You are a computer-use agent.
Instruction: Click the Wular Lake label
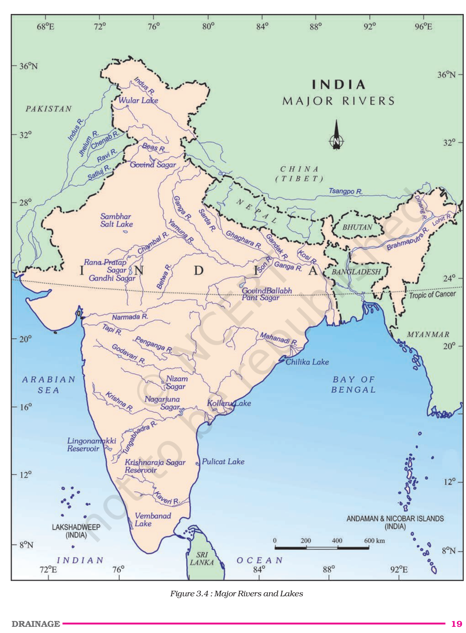click(x=138, y=100)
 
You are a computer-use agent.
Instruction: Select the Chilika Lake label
click(x=307, y=362)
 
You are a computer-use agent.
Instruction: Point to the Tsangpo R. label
click(x=345, y=191)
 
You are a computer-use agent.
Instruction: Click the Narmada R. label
click(x=130, y=317)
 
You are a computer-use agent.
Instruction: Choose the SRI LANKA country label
click(x=202, y=559)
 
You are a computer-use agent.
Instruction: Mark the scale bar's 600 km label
click(x=374, y=541)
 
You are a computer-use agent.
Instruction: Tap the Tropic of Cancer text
click(x=432, y=295)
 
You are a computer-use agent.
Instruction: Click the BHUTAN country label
click(x=357, y=227)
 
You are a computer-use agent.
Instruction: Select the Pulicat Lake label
click(x=223, y=461)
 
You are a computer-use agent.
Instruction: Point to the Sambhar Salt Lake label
click(x=116, y=220)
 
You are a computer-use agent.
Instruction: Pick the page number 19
click(x=456, y=624)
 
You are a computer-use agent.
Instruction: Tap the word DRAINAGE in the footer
click(x=36, y=624)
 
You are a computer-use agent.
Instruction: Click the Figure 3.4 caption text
click(x=237, y=594)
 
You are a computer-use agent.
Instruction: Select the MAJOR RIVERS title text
click(x=338, y=101)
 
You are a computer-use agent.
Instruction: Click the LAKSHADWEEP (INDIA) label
click(x=76, y=531)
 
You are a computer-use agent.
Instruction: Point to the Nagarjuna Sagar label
click(x=162, y=403)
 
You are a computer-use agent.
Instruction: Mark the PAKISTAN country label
click(x=48, y=109)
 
